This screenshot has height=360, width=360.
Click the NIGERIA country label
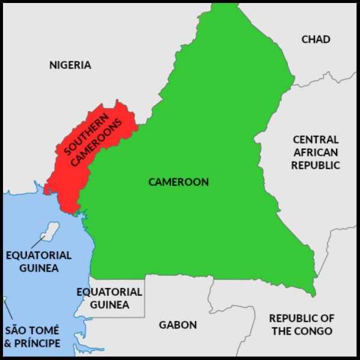(70, 65)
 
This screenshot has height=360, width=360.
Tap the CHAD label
(316, 40)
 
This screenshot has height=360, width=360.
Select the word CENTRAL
(316, 139)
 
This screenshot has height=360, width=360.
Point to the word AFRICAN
(316, 152)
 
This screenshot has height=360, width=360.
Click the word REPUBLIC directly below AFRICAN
(316, 164)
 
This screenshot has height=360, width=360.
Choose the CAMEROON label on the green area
(179, 182)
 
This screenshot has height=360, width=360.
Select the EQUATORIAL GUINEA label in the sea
(38, 262)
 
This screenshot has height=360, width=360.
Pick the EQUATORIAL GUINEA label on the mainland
(109, 298)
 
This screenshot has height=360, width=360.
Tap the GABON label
(178, 325)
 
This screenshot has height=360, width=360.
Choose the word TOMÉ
(45, 331)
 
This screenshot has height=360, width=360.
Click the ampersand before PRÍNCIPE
(8, 343)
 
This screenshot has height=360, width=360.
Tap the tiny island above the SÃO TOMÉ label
(4, 299)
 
